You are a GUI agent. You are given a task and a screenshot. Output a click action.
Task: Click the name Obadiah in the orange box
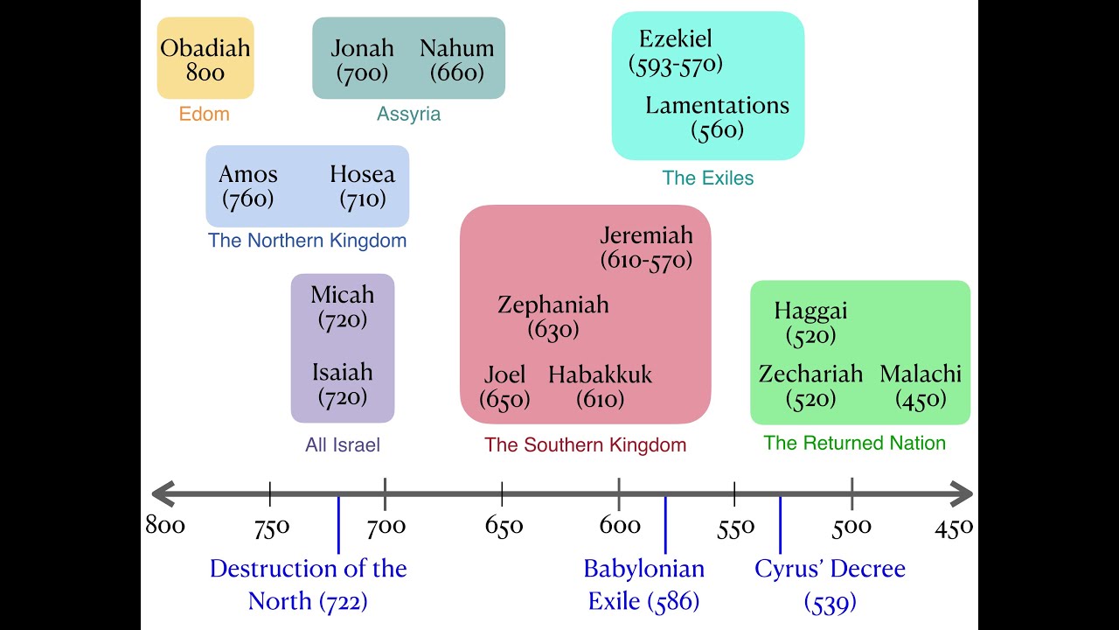tap(205, 47)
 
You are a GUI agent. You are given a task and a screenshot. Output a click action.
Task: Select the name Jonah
tap(362, 47)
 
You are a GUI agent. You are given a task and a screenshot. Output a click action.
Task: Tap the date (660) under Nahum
tap(456, 73)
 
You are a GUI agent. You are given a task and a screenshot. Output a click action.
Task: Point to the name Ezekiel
tap(676, 38)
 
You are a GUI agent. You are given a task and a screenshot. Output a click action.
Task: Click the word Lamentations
tap(717, 105)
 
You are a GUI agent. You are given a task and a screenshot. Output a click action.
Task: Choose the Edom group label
tap(205, 114)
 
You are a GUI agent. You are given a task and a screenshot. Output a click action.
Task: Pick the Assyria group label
tap(408, 114)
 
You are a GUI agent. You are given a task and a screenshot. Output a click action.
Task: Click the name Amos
tap(248, 173)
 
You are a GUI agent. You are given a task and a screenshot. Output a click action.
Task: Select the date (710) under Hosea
tap(363, 199)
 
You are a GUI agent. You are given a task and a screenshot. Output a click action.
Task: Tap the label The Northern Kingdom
tap(307, 240)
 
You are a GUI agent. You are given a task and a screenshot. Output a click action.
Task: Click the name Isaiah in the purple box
tap(343, 372)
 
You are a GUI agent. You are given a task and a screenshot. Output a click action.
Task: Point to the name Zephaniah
tap(553, 304)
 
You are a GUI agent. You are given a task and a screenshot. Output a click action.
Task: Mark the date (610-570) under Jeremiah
tap(646, 260)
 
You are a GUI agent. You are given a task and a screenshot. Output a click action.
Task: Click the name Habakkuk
tap(601, 374)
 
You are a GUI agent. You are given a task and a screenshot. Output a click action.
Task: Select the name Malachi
tap(921, 374)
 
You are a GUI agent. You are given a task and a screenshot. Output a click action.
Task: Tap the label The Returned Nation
tap(854, 443)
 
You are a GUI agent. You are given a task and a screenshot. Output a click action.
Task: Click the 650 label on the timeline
tap(504, 526)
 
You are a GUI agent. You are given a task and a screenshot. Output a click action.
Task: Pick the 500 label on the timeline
tap(851, 526)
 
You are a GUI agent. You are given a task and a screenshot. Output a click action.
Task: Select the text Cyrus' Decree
tap(830, 569)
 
